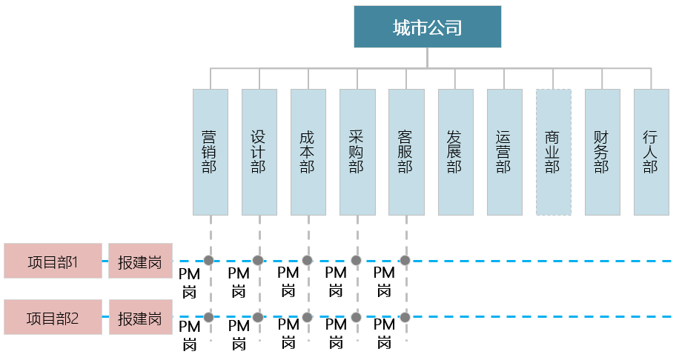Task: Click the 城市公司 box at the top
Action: click(x=427, y=27)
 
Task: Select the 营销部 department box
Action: click(x=210, y=152)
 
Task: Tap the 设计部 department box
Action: click(x=259, y=152)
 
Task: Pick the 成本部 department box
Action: click(x=308, y=152)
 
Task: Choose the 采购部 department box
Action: click(x=357, y=152)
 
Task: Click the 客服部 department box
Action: click(x=405, y=152)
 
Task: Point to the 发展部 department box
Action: click(x=455, y=152)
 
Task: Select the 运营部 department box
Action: click(x=504, y=152)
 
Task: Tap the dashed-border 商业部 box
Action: click(x=553, y=152)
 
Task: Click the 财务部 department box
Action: click(x=602, y=152)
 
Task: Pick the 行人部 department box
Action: click(x=651, y=152)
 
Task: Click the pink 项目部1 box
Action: click(x=53, y=261)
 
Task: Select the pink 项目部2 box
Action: click(x=53, y=318)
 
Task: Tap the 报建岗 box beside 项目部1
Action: click(x=140, y=261)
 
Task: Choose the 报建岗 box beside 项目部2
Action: click(x=140, y=318)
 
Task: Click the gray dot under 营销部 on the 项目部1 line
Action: click(x=209, y=260)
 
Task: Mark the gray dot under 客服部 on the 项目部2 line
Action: click(x=405, y=317)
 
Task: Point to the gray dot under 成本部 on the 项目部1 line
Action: click(x=307, y=260)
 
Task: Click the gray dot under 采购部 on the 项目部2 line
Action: click(x=356, y=317)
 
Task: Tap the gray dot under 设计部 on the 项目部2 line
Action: click(x=258, y=317)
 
